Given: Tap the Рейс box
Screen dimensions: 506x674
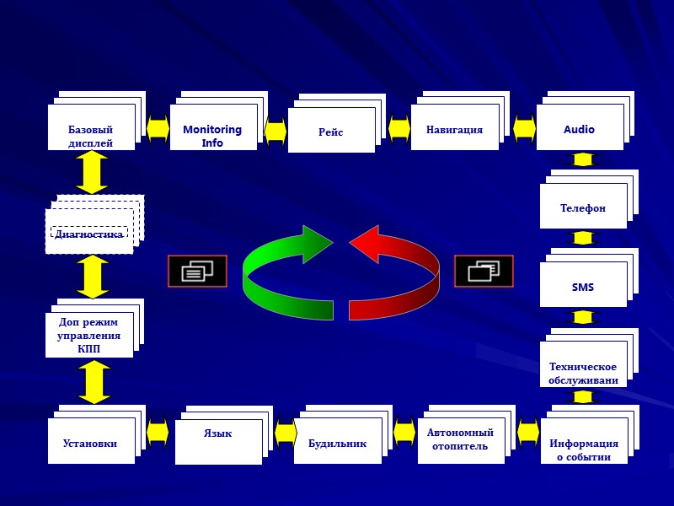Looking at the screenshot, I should point(331,131).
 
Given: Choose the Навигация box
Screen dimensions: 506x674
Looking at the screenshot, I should point(454,128).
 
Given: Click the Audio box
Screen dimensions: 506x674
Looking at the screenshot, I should point(580,128).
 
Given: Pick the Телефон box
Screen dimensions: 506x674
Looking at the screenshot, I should point(583,207).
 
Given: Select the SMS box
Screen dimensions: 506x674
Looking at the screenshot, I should point(583,285).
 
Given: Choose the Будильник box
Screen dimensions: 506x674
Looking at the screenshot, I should point(337,441).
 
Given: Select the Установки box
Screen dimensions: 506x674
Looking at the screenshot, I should point(91,441).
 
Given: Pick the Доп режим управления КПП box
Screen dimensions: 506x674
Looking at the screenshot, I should point(88,335).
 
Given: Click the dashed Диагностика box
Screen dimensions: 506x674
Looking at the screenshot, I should point(89,231).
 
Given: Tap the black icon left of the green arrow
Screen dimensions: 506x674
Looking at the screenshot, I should point(197,271).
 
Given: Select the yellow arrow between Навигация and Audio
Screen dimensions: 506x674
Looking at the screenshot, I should point(524,129).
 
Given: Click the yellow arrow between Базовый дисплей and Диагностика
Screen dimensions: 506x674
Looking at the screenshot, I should point(92,172).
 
